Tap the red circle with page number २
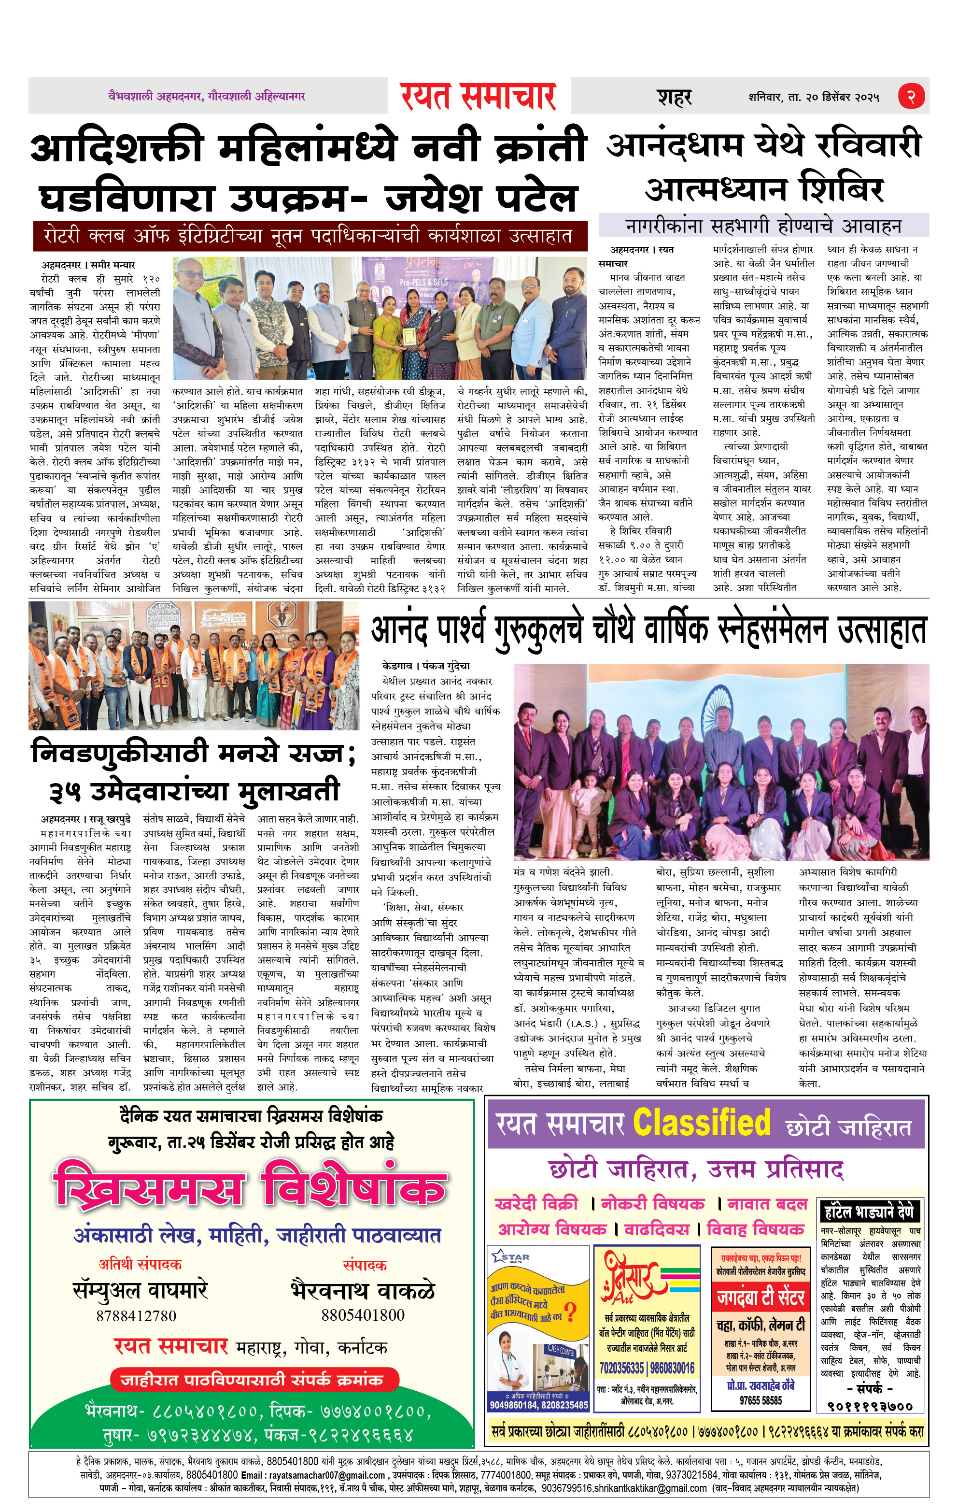click(911, 96)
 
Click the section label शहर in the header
click(674, 97)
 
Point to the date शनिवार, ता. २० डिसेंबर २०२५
click(813, 97)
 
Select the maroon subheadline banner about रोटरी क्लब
click(310, 236)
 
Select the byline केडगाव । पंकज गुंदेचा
click(425, 666)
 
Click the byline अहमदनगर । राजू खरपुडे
click(86, 819)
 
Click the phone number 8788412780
click(136, 1315)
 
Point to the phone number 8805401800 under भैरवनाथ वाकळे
click(363, 1314)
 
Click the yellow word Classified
click(701, 1122)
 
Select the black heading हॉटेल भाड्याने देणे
click(870, 1211)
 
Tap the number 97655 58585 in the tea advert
click(760, 1400)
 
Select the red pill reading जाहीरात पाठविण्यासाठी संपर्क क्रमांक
click(255, 1380)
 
